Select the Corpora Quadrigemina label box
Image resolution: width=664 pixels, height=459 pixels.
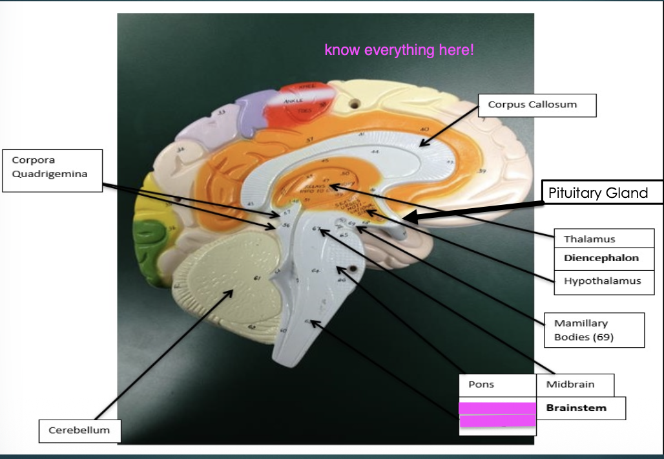[x=52, y=171]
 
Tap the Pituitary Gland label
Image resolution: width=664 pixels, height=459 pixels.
[x=597, y=193]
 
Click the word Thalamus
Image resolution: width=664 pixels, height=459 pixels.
[x=589, y=239]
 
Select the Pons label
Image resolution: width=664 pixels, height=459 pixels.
[x=481, y=385]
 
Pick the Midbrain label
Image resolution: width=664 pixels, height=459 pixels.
[x=570, y=385]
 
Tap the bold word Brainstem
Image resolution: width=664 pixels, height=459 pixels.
[x=576, y=408]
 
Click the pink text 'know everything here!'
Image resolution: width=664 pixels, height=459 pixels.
[x=399, y=50]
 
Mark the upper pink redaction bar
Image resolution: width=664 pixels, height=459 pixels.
[x=497, y=408]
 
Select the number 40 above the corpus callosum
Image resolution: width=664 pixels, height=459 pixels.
[x=424, y=130]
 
